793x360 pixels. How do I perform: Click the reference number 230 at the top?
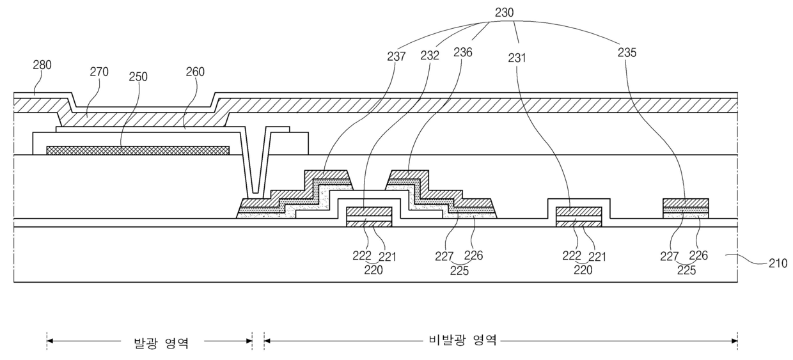click(x=504, y=13)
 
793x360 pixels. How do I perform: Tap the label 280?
click(x=42, y=65)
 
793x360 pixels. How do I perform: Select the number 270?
click(x=98, y=72)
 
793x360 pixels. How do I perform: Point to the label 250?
click(x=138, y=77)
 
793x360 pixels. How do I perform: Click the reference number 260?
click(x=195, y=72)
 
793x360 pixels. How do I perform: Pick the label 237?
click(x=396, y=56)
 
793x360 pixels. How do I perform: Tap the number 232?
click(x=430, y=56)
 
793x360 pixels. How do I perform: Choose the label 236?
click(x=463, y=52)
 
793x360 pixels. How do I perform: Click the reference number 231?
click(x=517, y=58)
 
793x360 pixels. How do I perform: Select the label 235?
click(x=627, y=52)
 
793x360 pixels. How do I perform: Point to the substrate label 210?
click(x=778, y=263)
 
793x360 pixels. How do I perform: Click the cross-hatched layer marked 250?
click(x=138, y=150)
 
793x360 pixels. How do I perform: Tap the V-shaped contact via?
click(x=255, y=164)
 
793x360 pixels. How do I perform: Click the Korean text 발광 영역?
click(x=161, y=343)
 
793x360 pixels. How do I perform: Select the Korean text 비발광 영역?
click(x=463, y=340)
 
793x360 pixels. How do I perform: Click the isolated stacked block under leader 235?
click(x=686, y=208)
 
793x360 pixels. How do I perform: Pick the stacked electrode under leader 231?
click(x=579, y=217)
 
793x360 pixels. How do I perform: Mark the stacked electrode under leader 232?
click(x=369, y=217)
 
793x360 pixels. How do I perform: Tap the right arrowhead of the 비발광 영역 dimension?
click(x=734, y=341)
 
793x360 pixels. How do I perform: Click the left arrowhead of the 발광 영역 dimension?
click(x=50, y=341)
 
